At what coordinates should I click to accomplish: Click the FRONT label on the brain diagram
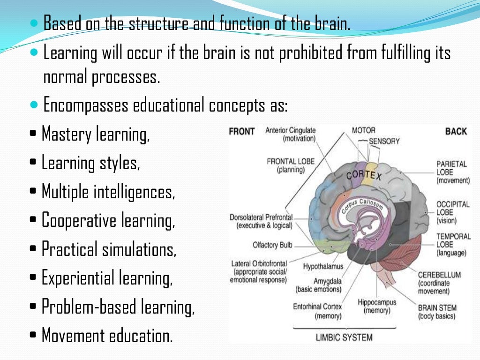241,131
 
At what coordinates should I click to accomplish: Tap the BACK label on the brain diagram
456,131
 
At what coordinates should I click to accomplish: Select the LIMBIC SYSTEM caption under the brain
344,337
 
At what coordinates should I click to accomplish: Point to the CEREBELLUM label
439,275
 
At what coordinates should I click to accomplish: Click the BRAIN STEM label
436,308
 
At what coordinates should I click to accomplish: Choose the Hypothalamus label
323,266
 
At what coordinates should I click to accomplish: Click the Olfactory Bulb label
272,245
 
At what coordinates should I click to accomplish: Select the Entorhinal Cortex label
317,307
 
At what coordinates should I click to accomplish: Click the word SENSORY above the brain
384,141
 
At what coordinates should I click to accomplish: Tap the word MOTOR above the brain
364,131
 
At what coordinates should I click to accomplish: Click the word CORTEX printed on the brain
364,177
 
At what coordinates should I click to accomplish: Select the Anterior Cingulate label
291,131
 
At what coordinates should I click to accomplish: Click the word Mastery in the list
67,135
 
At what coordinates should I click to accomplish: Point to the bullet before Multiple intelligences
33,192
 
